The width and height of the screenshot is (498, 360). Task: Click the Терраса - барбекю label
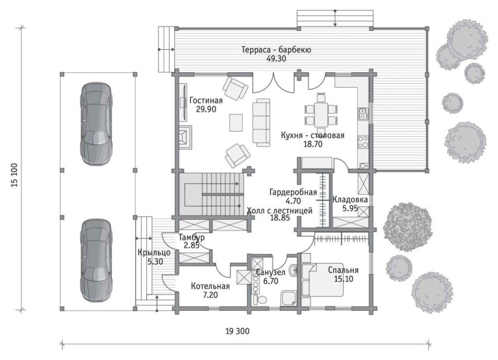(x=276, y=50)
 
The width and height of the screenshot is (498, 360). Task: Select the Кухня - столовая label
(x=313, y=136)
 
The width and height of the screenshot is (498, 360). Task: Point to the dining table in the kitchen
(x=321, y=114)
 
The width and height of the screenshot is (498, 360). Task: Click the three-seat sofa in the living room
(x=262, y=122)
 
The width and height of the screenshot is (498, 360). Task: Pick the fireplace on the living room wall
(x=185, y=137)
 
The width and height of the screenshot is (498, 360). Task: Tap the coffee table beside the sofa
(x=236, y=122)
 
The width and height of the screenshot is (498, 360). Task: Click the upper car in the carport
(x=96, y=123)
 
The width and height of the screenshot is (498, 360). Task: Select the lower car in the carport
(x=96, y=260)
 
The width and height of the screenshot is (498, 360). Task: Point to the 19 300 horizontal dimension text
(x=237, y=331)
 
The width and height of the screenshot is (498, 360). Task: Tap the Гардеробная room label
(x=293, y=192)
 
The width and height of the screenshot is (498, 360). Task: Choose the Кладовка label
(x=350, y=200)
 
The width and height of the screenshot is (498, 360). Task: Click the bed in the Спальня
(x=322, y=279)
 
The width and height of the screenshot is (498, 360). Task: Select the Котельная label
(x=210, y=286)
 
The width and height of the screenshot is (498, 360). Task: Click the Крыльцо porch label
(x=154, y=253)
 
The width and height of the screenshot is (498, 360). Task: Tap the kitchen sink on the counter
(x=363, y=114)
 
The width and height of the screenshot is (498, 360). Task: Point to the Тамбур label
(x=191, y=237)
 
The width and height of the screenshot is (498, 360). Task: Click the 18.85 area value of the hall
(x=280, y=218)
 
